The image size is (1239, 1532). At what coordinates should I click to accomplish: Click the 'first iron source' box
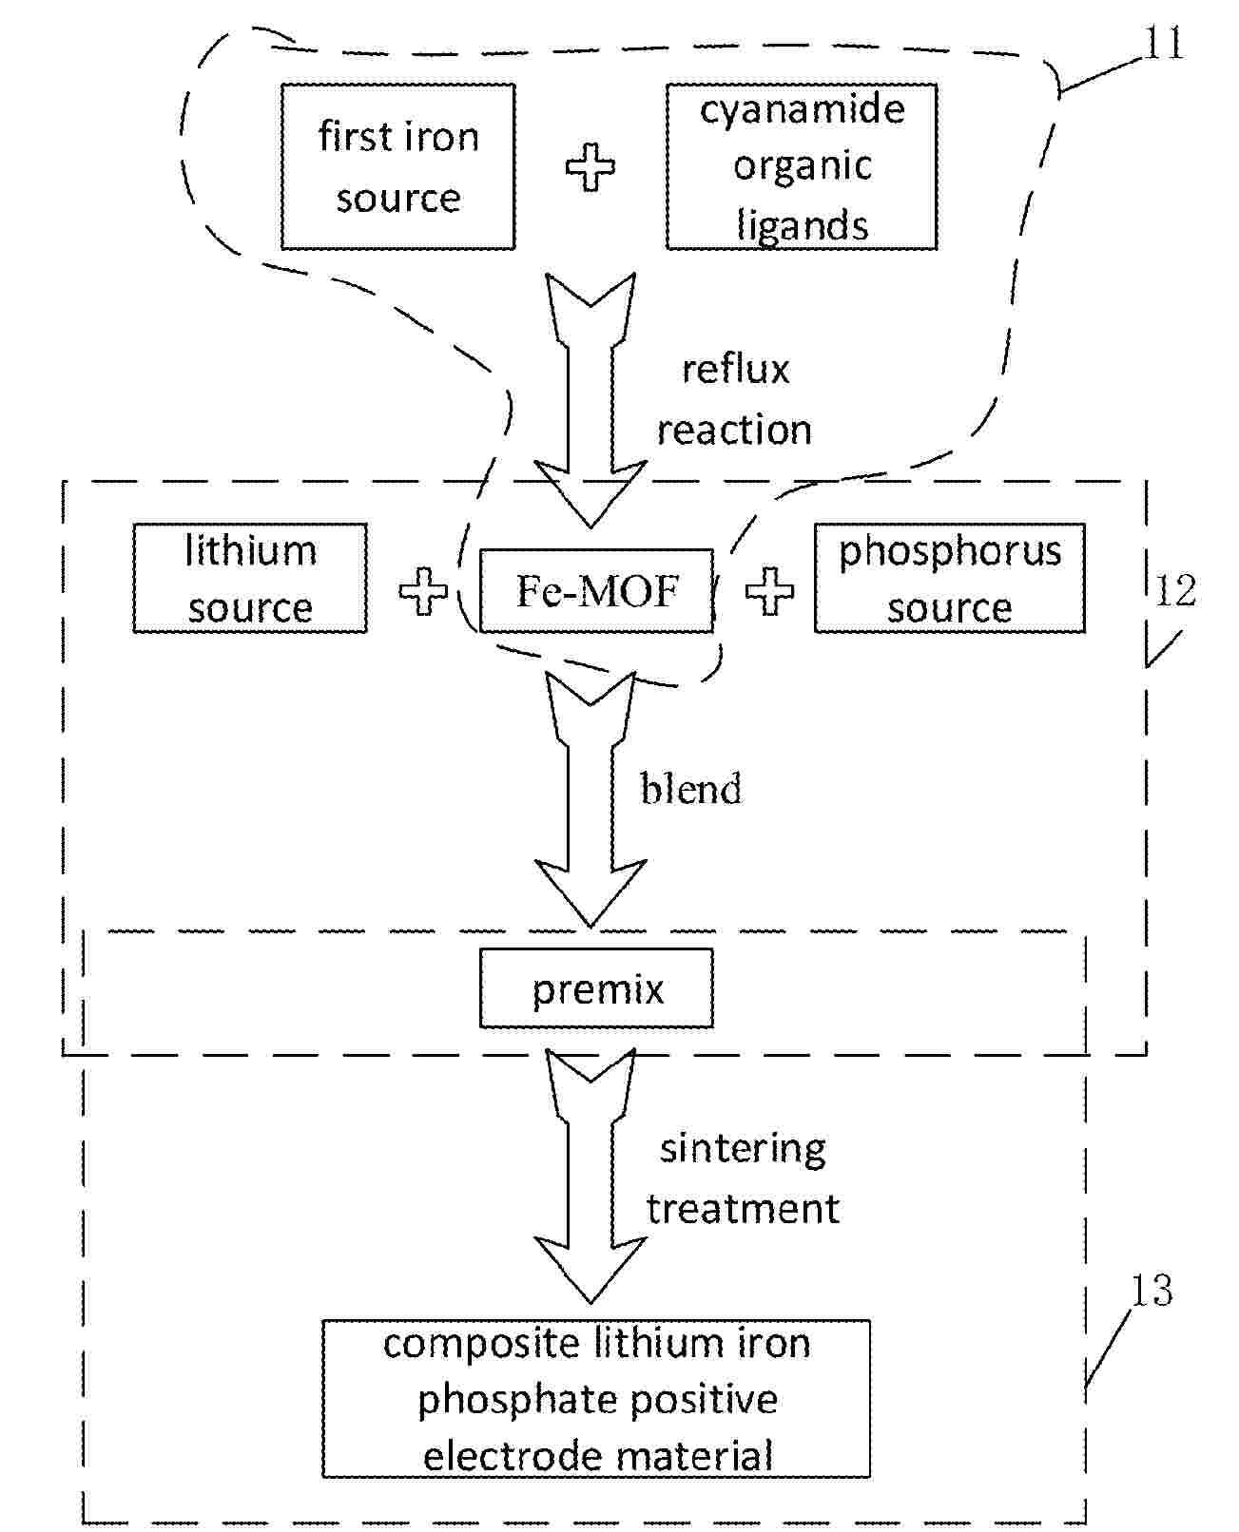coord(397,166)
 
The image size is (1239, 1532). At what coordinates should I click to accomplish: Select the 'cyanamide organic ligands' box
coord(801,166)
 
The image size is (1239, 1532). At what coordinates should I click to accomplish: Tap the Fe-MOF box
coord(596,590)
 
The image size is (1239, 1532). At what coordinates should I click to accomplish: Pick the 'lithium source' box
coord(249,578)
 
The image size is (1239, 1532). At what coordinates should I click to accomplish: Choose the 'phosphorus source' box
coord(949,578)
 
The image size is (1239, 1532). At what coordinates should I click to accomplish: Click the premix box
coord(596,989)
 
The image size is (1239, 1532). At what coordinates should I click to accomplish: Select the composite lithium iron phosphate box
coord(596,1398)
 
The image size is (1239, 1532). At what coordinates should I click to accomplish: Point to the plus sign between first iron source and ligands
coord(590,167)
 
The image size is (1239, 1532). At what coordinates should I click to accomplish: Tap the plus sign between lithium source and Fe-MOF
coord(423,591)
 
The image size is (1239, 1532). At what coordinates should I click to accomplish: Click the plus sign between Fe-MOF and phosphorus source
coord(769,591)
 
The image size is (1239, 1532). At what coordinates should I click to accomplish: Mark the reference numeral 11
coord(1163,44)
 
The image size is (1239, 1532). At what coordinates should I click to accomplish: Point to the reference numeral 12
coord(1175,591)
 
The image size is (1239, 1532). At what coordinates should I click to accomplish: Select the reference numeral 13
coord(1152,1291)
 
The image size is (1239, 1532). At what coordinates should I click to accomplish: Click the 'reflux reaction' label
coord(735,399)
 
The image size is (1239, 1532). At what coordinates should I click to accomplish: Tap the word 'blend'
coord(690,789)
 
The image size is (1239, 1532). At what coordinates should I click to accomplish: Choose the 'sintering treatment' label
coord(743,1178)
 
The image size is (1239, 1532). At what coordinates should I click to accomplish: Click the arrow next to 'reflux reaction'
coord(590,399)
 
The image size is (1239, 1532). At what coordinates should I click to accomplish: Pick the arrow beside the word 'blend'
coord(590,798)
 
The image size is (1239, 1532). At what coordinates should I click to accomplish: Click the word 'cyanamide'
coord(803,109)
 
